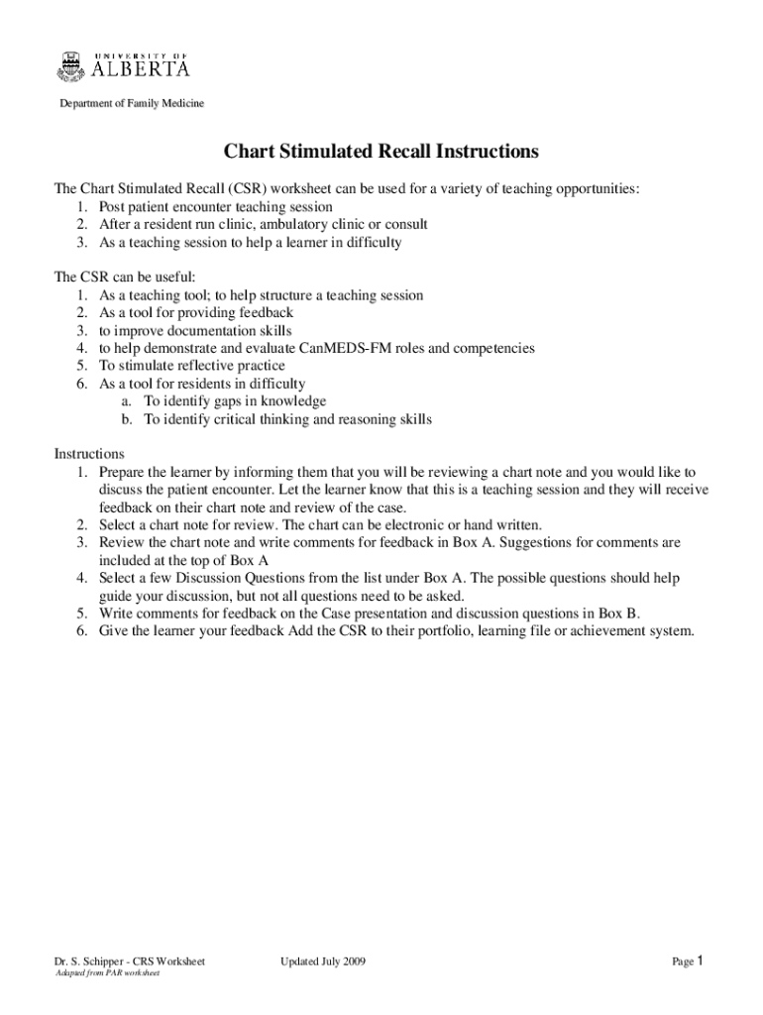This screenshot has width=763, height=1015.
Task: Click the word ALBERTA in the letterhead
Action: point(141,68)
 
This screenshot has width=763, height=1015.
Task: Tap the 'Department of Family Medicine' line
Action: point(130,103)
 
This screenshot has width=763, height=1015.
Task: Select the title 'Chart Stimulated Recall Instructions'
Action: point(381,152)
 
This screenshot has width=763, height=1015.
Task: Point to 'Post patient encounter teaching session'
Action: point(216,206)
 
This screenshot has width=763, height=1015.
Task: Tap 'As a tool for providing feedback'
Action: point(196,313)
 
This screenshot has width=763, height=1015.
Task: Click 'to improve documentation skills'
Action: point(195,331)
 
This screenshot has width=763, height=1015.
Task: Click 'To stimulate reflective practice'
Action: point(192,366)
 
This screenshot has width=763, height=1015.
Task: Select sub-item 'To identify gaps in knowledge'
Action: point(235,401)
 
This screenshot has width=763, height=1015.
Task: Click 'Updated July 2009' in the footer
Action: point(324,961)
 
